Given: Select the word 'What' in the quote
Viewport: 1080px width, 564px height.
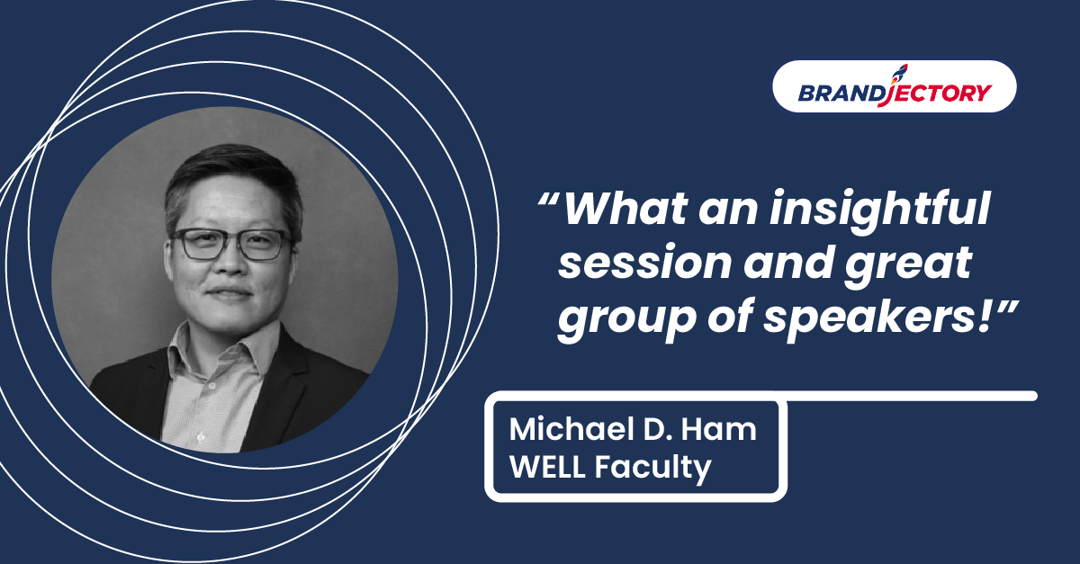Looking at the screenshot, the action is click(x=625, y=209).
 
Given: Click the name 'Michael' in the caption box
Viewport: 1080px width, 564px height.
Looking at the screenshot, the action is click(x=572, y=429).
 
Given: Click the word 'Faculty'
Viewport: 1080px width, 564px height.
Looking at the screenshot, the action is click(x=652, y=468).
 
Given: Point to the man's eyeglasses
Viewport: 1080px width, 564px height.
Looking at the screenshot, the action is click(x=231, y=243).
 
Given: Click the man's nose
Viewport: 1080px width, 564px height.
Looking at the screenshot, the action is click(x=231, y=264).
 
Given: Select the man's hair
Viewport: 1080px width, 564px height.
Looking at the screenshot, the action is click(x=231, y=181).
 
